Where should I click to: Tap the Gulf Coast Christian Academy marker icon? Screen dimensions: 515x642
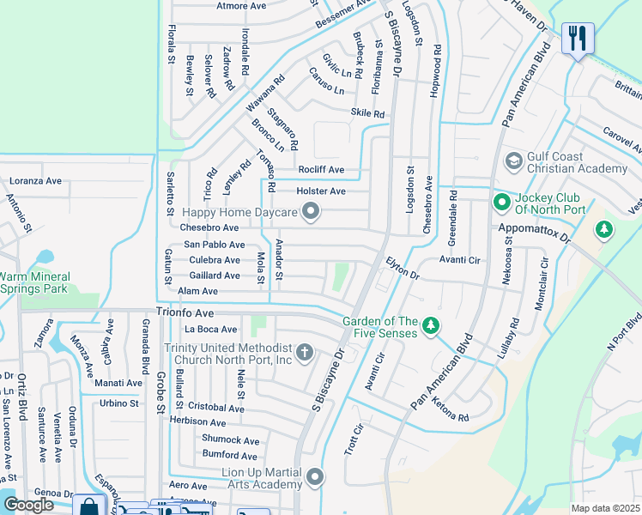(x=514, y=161)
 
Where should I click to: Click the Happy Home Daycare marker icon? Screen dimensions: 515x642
(x=312, y=211)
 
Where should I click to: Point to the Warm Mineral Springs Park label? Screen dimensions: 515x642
(x=34, y=283)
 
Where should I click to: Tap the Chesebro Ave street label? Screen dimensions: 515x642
(x=209, y=227)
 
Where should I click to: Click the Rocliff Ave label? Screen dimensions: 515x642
(x=320, y=170)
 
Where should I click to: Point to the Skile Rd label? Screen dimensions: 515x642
(x=367, y=113)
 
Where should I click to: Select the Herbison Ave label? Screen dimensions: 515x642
(x=198, y=421)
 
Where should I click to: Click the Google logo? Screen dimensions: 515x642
(x=29, y=505)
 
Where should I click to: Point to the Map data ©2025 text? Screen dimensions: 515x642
(x=605, y=508)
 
